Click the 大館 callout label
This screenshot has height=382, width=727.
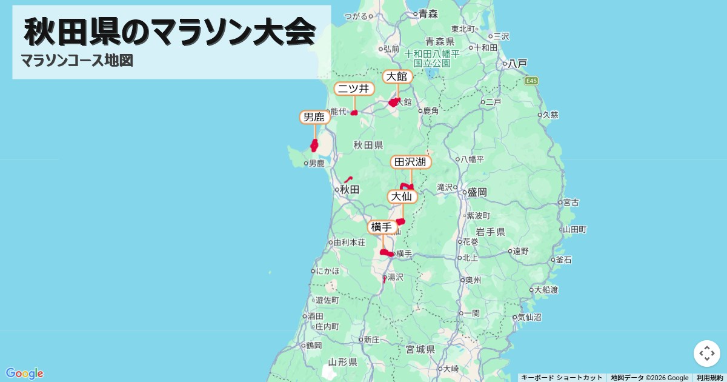point(397,76)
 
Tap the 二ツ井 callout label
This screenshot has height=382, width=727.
point(354,89)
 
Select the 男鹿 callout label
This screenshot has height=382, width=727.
point(314,117)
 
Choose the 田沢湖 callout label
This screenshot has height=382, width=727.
point(411,162)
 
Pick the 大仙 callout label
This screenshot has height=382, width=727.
point(402,196)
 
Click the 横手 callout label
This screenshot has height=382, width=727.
point(383,227)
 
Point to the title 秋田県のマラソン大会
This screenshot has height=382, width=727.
point(170,32)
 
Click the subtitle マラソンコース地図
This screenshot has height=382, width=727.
point(77,61)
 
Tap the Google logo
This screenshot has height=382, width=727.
point(24,373)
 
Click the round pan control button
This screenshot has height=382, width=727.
point(706,354)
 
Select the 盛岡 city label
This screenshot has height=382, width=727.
point(476,192)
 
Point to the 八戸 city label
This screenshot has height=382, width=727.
point(517,63)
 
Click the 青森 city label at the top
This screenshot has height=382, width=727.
point(428,13)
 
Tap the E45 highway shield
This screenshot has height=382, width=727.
point(532,81)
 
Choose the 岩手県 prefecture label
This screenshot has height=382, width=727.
point(490,232)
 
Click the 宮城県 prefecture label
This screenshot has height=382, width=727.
point(420,349)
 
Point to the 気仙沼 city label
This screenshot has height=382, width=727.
point(529,317)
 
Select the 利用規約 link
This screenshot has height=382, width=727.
point(710,378)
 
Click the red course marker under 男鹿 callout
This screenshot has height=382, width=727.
point(314,145)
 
